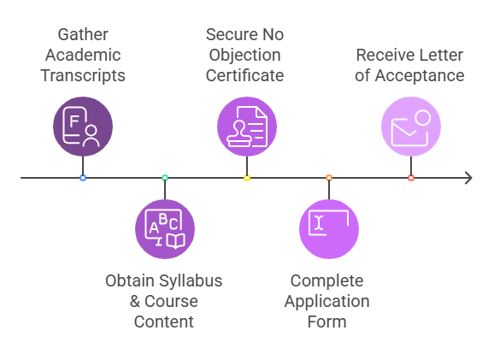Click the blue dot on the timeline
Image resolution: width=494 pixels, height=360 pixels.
tap(83, 178)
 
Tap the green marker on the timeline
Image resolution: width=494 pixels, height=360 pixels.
tap(165, 178)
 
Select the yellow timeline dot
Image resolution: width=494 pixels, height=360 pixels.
tap(247, 178)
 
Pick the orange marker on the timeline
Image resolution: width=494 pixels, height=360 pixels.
tap(329, 178)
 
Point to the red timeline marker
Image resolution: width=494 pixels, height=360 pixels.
tap(411, 178)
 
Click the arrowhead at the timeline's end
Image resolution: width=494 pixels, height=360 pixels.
tap(470, 178)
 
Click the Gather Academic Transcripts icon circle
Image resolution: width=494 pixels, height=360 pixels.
tap(83, 127)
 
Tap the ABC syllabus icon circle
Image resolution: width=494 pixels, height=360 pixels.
tap(165, 229)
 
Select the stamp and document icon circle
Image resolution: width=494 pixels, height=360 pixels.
tap(247, 127)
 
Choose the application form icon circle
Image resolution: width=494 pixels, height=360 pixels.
tap(329, 229)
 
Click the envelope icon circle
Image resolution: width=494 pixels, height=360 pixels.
tap(411, 127)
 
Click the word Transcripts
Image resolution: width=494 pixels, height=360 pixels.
tap(83, 76)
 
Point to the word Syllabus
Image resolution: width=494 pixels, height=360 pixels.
tap(191, 281)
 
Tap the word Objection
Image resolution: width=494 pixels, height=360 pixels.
tap(244, 56)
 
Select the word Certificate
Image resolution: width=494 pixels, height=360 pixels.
tap(244, 75)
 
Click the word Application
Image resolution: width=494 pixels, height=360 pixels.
tap(327, 302)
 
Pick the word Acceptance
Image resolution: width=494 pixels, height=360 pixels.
tap(420, 76)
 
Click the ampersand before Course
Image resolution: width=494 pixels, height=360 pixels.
tap(135, 301)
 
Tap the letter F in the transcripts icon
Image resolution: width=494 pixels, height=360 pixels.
tap(74, 121)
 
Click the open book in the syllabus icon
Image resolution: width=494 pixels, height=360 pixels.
tap(175, 241)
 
